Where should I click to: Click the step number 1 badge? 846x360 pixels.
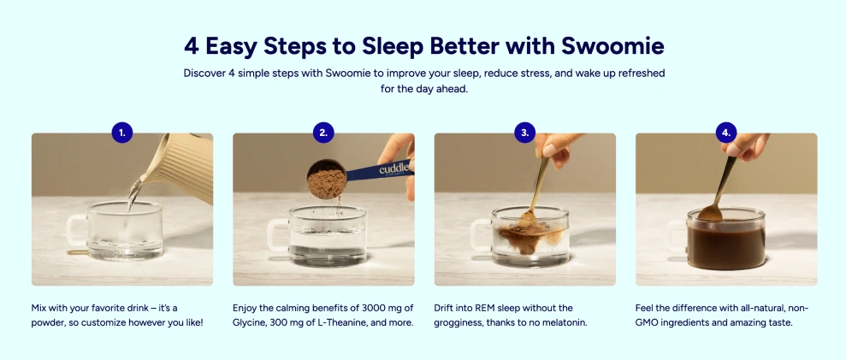122,133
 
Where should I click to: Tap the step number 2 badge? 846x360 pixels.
323,133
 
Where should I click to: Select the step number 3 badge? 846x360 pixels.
525,133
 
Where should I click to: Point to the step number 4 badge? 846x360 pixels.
726,133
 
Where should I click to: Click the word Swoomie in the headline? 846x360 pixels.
612,46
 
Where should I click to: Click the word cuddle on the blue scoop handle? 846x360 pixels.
393,168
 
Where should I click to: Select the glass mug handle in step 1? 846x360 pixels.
75,231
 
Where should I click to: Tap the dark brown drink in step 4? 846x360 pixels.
725,245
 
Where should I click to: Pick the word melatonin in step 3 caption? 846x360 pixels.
566,322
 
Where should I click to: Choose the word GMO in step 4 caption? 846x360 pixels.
646,322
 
